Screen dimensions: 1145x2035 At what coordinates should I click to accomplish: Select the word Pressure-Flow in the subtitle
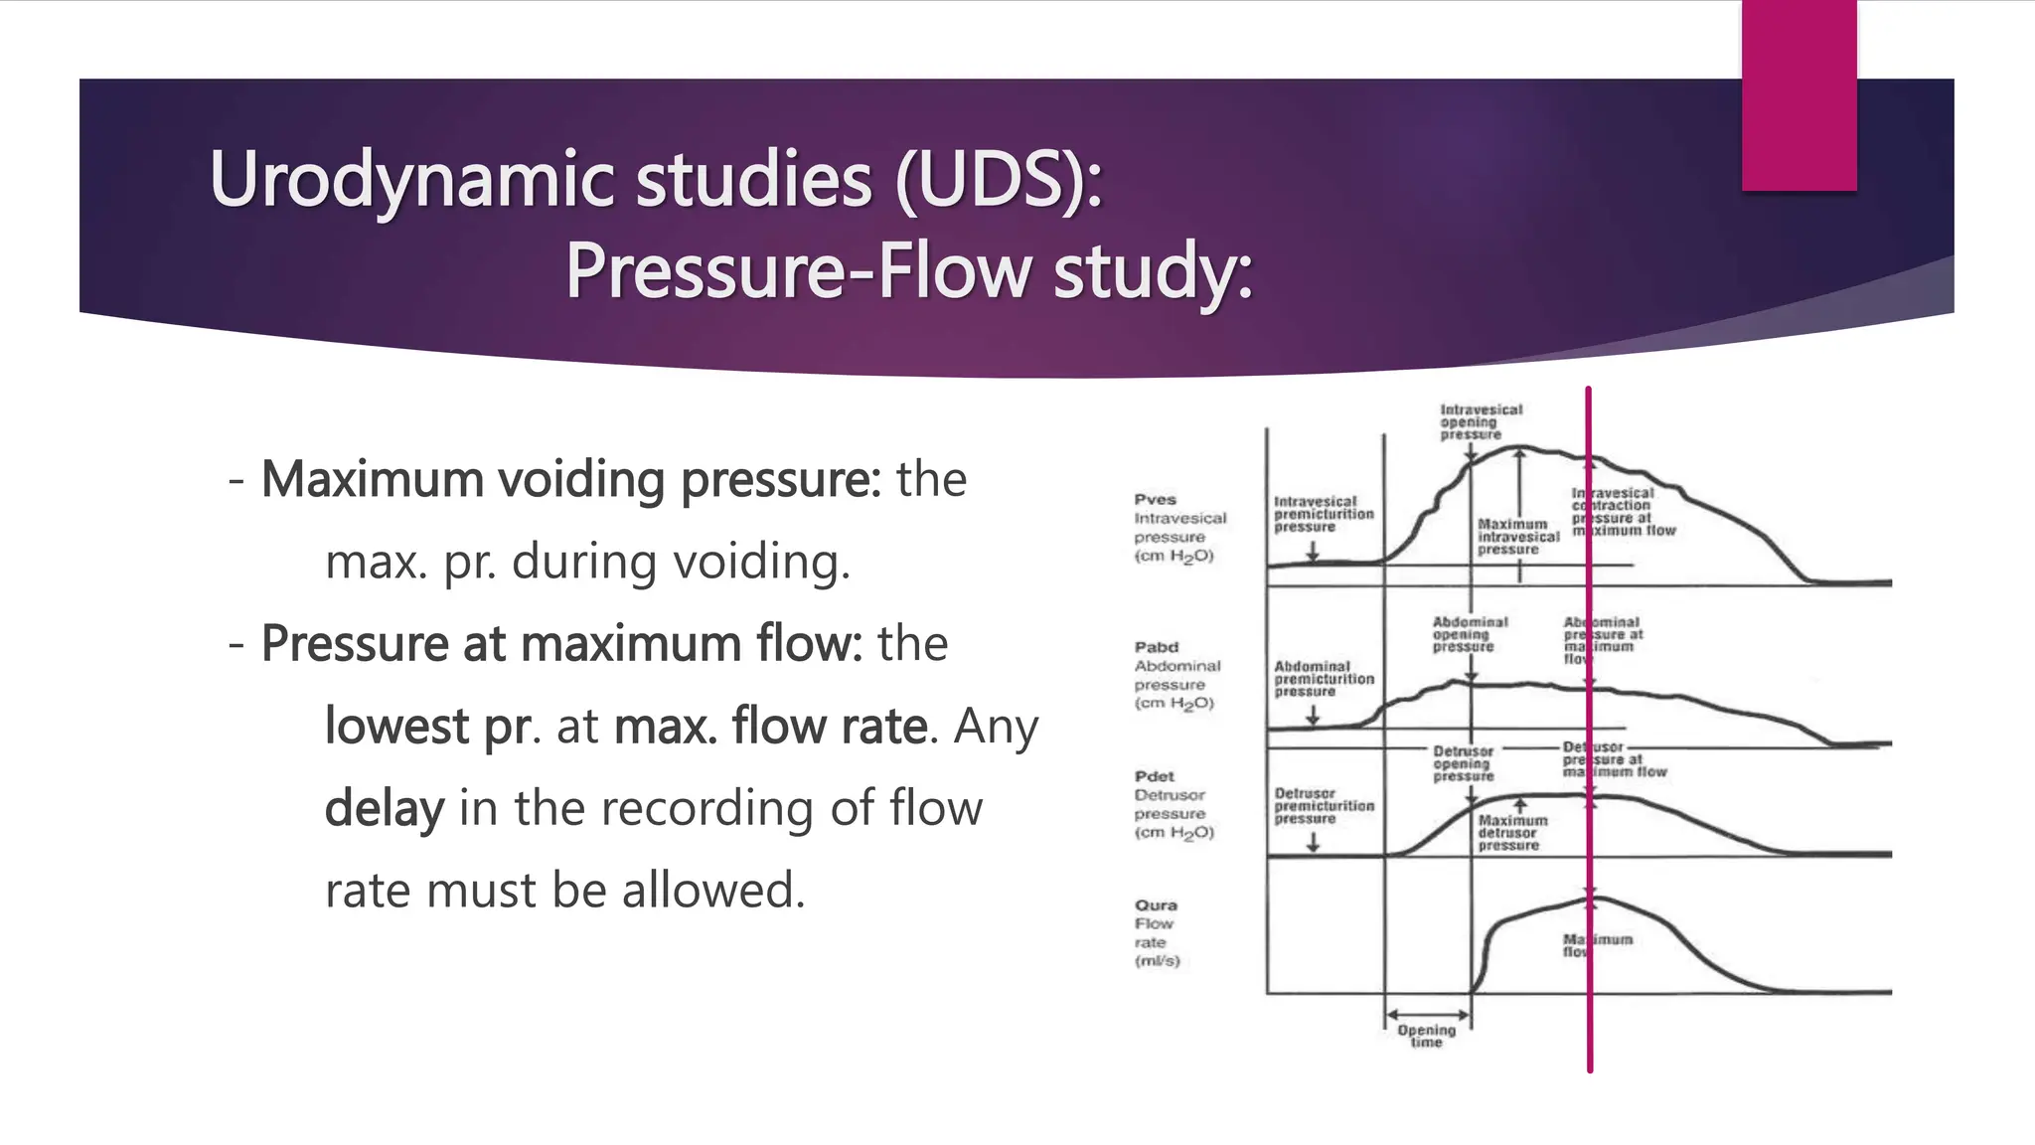click(x=799, y=270)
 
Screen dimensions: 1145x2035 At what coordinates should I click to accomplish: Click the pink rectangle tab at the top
click(x=1799, y=94)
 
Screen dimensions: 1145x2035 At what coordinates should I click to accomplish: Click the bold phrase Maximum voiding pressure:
click(x=570, y=479)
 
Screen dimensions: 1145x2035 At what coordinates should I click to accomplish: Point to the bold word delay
click(x=384, y=807)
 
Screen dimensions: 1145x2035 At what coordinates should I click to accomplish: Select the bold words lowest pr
click(x=426, y=726)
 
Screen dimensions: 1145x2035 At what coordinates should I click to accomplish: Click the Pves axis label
click(x=1156, y=500)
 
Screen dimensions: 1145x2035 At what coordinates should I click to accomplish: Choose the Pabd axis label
click(x=1157, y=647)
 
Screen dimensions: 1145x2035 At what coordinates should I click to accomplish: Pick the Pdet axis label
click(x=1155, y=776)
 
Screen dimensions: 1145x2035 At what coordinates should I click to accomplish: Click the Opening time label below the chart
click(x=1426, y=1036)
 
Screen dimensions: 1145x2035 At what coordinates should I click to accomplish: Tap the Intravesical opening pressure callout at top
click(x=1480, y=421)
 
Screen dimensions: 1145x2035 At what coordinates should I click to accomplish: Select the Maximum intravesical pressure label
click(x=1516, y=537)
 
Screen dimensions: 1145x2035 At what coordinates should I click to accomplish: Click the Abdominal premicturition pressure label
click(x=1324, y=679)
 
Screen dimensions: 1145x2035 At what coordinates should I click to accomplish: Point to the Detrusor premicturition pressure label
click(x=1324, y=806)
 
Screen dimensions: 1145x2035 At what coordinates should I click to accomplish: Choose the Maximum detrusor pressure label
click(x=1511, y=833)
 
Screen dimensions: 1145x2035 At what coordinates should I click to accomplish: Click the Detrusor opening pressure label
click(x=1463, y=763)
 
